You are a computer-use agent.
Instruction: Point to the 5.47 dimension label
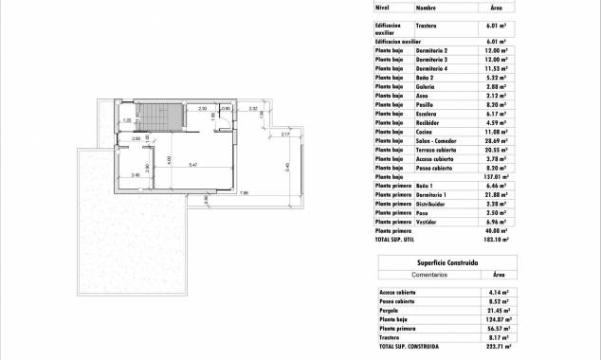[193, 166]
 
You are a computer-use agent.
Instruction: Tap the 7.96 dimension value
[244, 194]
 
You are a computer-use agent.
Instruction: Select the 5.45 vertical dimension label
[286, 168]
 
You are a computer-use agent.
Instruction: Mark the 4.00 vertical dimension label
[169, 159]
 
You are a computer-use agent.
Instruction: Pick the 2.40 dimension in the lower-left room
[135, 175]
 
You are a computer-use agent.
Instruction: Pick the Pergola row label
[389, 309]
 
